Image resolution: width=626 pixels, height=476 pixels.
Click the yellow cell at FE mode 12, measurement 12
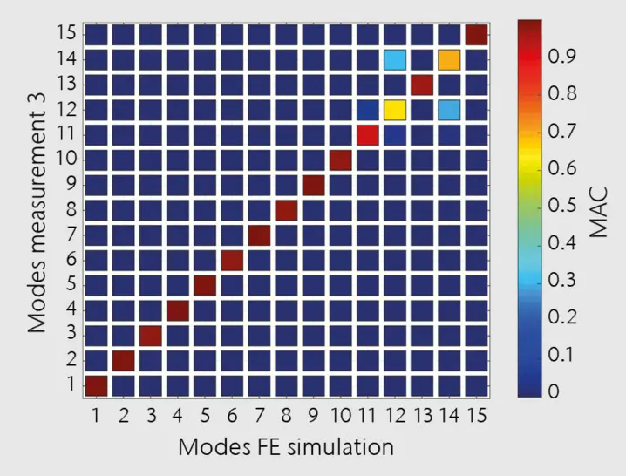click(x=395, y=110)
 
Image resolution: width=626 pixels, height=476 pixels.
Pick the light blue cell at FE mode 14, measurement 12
click(x=449, y=110)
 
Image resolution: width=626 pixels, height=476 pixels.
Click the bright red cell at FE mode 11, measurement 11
click(x=368, y=135)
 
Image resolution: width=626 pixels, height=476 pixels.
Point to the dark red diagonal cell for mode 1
click(x=96, y=384)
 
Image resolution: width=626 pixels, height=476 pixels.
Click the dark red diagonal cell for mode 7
click(x=259, y=235)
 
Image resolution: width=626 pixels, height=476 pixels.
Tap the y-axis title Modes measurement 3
click(x=37, y=210)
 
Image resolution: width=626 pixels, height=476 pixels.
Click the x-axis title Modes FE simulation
click(x=286, y=447)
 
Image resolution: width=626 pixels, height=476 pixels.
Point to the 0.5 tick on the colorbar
click(x=562, y=206)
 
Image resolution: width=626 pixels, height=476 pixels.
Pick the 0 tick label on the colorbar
click(x=555, y=393)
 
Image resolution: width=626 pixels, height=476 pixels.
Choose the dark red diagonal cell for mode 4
click(x=178, y=309)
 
